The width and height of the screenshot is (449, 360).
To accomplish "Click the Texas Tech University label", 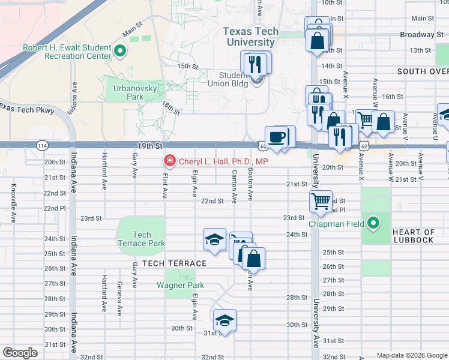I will click(x=251, y=37).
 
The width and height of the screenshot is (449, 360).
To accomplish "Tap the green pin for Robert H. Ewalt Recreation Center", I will click(x=119, y=52).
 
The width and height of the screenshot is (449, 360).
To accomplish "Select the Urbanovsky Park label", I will click(x=127, y=92).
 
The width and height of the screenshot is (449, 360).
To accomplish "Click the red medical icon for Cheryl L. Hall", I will click(x=169, y=161).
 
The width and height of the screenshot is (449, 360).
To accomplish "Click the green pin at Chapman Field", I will click(x=374, y=224).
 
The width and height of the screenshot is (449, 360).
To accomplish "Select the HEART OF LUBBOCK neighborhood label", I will click(x=413, y=236).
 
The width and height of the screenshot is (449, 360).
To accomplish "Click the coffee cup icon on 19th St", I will click(x=277, y=137).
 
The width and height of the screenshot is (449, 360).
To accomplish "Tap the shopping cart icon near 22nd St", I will click(x=321, y=201).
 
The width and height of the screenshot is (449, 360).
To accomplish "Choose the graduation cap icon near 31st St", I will click(x=224, y=320).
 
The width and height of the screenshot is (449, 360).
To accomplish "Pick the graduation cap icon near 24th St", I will click(x=214, y=240).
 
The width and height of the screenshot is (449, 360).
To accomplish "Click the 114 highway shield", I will click(x=41, y=146).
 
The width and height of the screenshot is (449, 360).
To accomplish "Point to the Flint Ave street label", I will click(x=164, y=183).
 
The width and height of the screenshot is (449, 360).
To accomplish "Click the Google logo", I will click(x=19, y=353).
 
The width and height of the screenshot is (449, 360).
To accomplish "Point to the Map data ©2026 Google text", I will click(x=411, y=355).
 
